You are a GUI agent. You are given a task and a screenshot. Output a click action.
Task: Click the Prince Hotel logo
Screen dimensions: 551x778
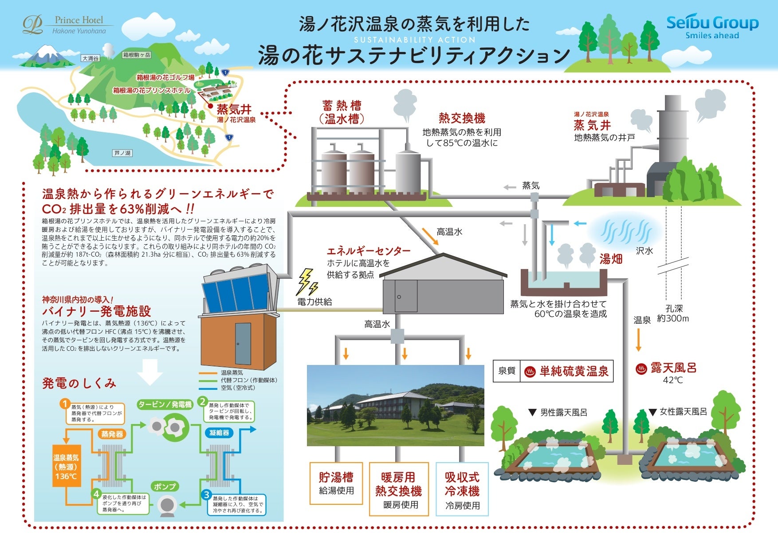(67, 25)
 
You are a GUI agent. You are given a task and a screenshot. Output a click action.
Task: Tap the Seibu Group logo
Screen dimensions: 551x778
(712, 27)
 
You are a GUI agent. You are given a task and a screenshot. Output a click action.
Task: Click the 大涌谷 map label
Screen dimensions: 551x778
(90, 58)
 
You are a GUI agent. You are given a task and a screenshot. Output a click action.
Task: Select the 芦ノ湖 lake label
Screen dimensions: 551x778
(122, 153)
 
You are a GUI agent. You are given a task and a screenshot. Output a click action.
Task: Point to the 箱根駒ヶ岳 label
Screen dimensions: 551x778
(137, 55)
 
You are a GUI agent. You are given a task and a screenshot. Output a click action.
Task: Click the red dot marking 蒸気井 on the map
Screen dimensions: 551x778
(210, 106)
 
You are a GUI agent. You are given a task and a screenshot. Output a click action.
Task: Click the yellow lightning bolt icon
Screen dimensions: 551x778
(306, 281)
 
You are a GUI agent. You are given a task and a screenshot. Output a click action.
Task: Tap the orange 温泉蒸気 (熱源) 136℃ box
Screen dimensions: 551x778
(67, 466)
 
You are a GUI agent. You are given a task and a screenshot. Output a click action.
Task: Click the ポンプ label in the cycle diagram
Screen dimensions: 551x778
(165, 487)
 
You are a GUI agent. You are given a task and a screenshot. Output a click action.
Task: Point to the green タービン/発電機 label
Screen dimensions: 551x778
(165, 404)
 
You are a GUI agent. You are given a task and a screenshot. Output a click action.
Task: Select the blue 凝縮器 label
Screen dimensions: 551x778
(220, 432)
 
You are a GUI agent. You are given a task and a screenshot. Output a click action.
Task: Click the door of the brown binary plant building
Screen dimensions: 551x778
(243, 343)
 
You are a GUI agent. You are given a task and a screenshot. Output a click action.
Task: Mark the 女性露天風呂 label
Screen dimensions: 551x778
(683, 412)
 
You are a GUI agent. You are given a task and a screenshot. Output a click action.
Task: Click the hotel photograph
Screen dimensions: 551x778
(396, 405)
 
